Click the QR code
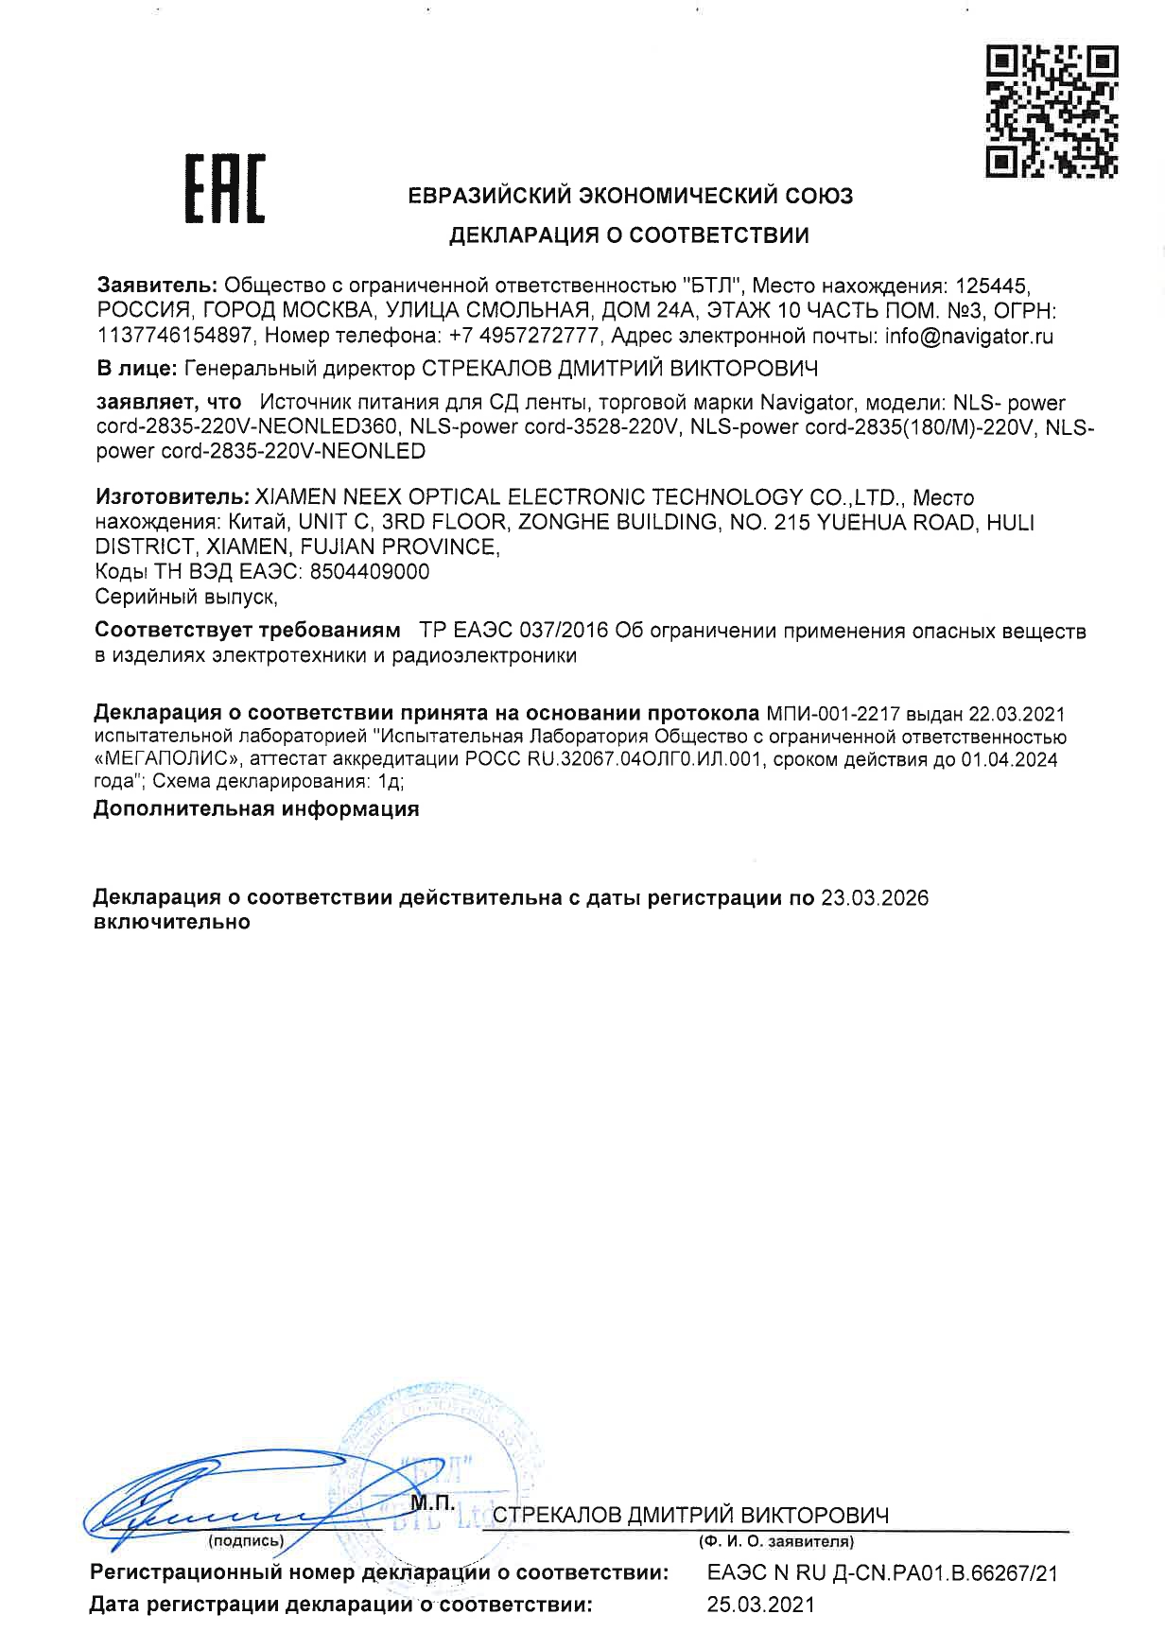tap(1051, 111)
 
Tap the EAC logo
tap(223, 190)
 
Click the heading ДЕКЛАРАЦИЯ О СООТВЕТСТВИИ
tap(629, 235)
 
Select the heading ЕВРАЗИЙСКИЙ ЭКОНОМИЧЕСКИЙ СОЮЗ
tap(630, 196)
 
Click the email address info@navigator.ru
tap(968, 336)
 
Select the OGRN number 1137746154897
tap(175, 336)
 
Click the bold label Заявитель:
tap(159, 285)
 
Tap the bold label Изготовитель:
tap(170, 497)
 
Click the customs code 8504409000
tap(370, 571)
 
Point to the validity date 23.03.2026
tap(875, 897)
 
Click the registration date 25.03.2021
tap(760, 1604)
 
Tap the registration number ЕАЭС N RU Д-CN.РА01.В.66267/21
tap(881, 1573)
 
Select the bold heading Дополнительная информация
tap(256, 809)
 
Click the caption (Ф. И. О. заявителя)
tap(775, 1542)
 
